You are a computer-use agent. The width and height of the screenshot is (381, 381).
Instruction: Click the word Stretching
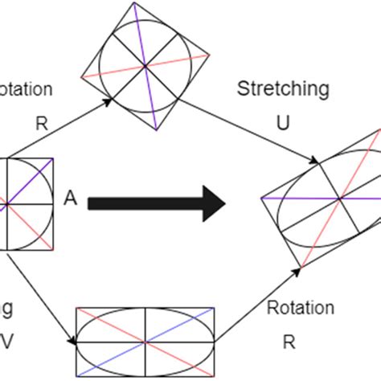[282, 90]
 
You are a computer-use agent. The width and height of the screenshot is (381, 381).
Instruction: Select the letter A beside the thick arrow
[70, 199]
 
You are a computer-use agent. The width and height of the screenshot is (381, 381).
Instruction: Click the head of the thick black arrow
[215, 203]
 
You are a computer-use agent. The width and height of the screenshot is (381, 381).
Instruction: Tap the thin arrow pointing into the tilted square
[64, 126]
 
